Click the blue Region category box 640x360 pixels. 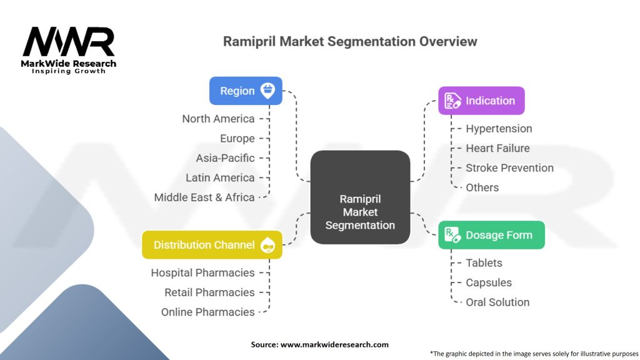tap(245, 91)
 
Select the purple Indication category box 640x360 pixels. tap(481, 101)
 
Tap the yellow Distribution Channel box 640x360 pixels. tap(212, 245)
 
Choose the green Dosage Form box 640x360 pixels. tap(491, 235)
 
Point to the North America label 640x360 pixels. tap(218, 119)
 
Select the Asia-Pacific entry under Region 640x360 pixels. tap(225, 158)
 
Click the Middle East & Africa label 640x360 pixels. tap(204, 197)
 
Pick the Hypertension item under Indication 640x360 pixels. tap(499, 129)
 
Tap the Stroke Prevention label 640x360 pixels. tap(509, 168)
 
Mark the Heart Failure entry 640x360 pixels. tap(497, 148)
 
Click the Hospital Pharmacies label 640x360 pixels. tap(202, 273)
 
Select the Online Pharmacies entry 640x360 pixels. tap(207, 312)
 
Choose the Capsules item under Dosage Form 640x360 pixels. tap(488, 282)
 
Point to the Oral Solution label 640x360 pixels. tap(497, 302)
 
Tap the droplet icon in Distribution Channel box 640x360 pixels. tap(268, 245)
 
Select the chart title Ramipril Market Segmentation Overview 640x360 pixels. tap(350, 42)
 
